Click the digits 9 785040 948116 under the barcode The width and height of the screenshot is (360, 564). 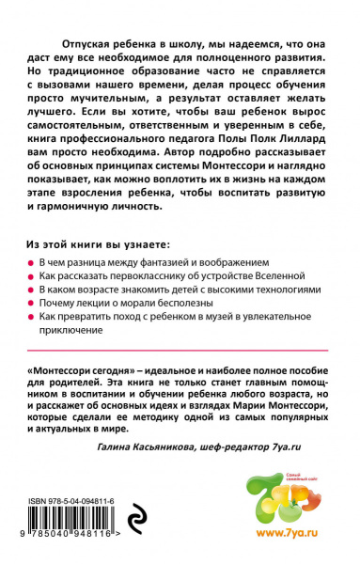click(x=75, y=540)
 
